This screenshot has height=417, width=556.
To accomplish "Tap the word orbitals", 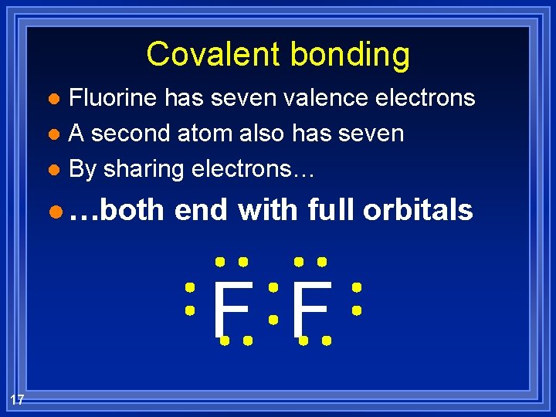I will pyautogui.click(x=418, y=209).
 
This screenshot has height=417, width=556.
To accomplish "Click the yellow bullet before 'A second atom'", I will pyautogui.click(x=53, y=134).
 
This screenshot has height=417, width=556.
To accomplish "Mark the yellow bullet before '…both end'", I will pyautogui.click(x=53, y=210).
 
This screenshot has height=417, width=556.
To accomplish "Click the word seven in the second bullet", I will pyautogui.click(x=371, y=134).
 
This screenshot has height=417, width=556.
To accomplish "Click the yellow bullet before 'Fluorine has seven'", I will pyautogui.click(x=53, y=99).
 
